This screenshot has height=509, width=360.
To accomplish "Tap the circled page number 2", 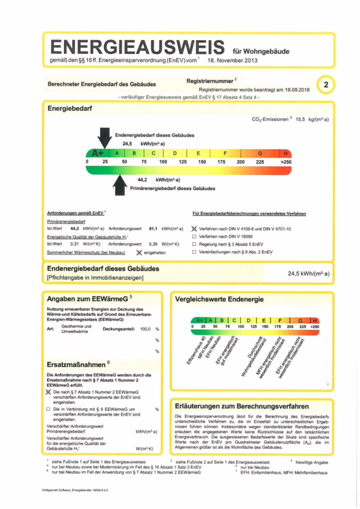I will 326,85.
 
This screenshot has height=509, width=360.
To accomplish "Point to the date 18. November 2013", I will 233,59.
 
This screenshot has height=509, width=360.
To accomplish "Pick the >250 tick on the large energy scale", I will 284,162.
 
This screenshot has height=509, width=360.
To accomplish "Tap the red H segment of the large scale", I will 285,153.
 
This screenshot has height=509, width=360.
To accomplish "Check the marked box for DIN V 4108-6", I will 195,228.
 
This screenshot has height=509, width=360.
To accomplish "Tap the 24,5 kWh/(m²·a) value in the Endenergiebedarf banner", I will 308,273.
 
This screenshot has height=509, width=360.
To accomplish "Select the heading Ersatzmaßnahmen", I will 76,364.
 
